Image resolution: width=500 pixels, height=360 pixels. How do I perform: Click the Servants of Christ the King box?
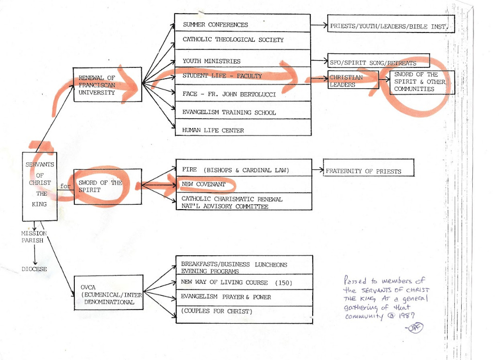coord(40,187)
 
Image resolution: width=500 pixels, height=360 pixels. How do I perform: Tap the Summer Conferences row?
coord(242,25)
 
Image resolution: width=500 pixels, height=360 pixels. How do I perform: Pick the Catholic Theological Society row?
coord(242,40)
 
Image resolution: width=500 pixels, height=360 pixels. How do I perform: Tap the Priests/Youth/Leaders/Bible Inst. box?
coord(391,26)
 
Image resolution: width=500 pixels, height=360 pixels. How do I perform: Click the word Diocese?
coord(34,268)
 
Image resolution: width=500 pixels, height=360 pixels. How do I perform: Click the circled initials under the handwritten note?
coord(415,327)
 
